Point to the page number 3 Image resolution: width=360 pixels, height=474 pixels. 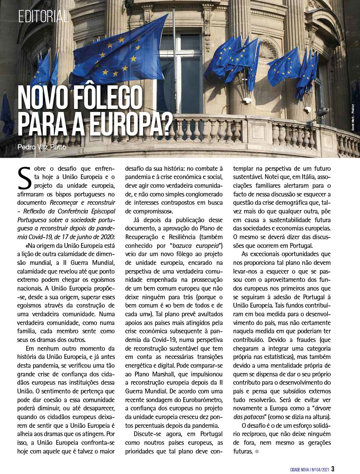(x=333, y=469)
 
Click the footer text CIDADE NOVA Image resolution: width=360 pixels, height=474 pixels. (x=303, y=469)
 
